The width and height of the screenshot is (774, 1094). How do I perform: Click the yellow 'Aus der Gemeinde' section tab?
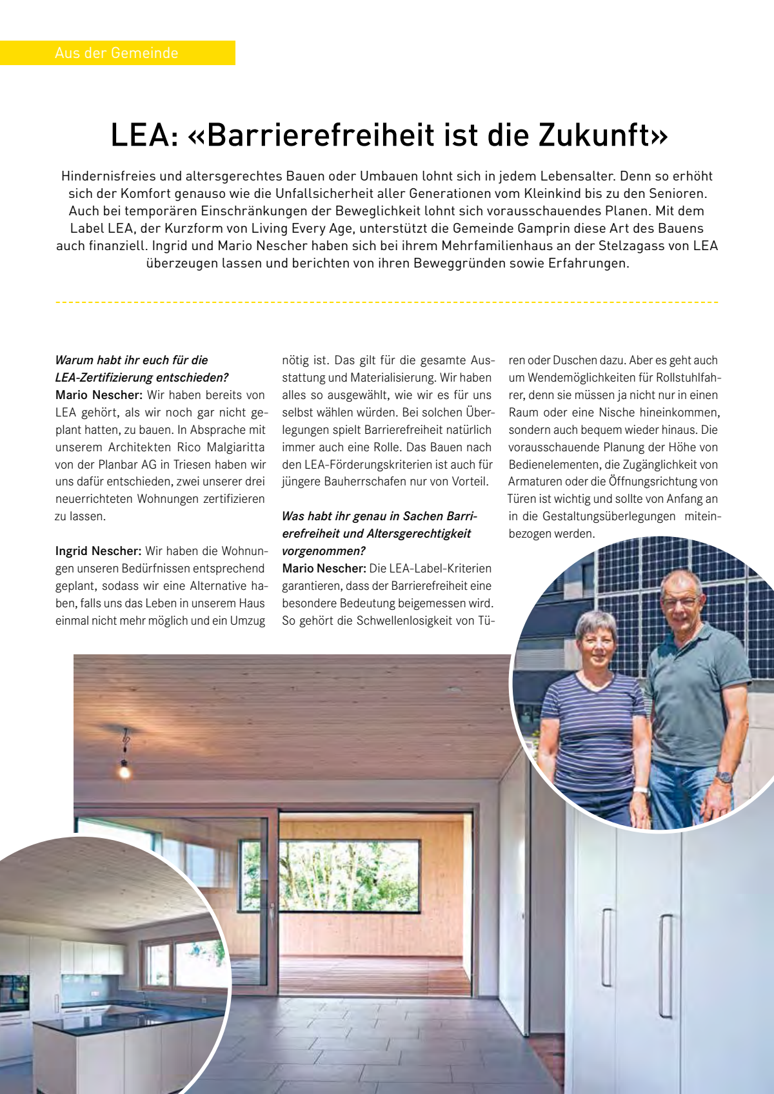(x=117, y=53)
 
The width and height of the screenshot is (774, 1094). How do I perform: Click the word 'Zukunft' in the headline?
(x=601, y=135)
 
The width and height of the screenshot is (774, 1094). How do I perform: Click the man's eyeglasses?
(x=680, y=602)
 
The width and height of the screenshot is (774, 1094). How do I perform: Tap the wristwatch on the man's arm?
(x=725, y=777)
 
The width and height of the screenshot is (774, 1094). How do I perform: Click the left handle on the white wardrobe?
(x=606, y=948)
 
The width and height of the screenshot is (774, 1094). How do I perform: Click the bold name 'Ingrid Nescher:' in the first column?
(x=98, y=551)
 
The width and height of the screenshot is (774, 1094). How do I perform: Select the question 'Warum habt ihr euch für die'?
(x=132, y=360)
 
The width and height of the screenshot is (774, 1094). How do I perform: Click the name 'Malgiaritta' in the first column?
(x=235, y=447)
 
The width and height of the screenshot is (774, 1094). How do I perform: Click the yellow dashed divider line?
(x=387, y=302)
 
